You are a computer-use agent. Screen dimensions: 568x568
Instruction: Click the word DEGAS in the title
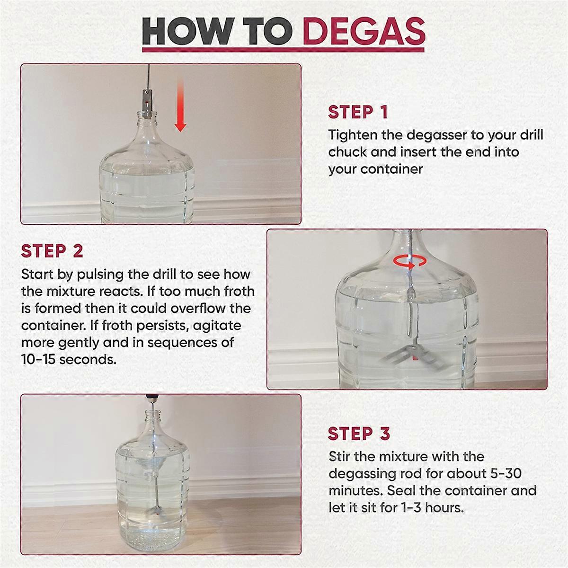(x=364, y=31)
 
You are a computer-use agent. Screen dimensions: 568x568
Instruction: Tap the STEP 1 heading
(x=358, y=112)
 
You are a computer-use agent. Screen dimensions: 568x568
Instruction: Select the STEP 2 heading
(x=52, y=251)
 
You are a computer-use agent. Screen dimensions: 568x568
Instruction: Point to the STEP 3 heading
(x=359, y=434)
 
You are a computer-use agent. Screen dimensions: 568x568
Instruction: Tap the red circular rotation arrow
(x=410, y=261)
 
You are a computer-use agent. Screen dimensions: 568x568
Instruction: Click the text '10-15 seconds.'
(x=69, y=359)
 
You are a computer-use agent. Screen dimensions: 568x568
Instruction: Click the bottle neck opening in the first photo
(x=147, y=113)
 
